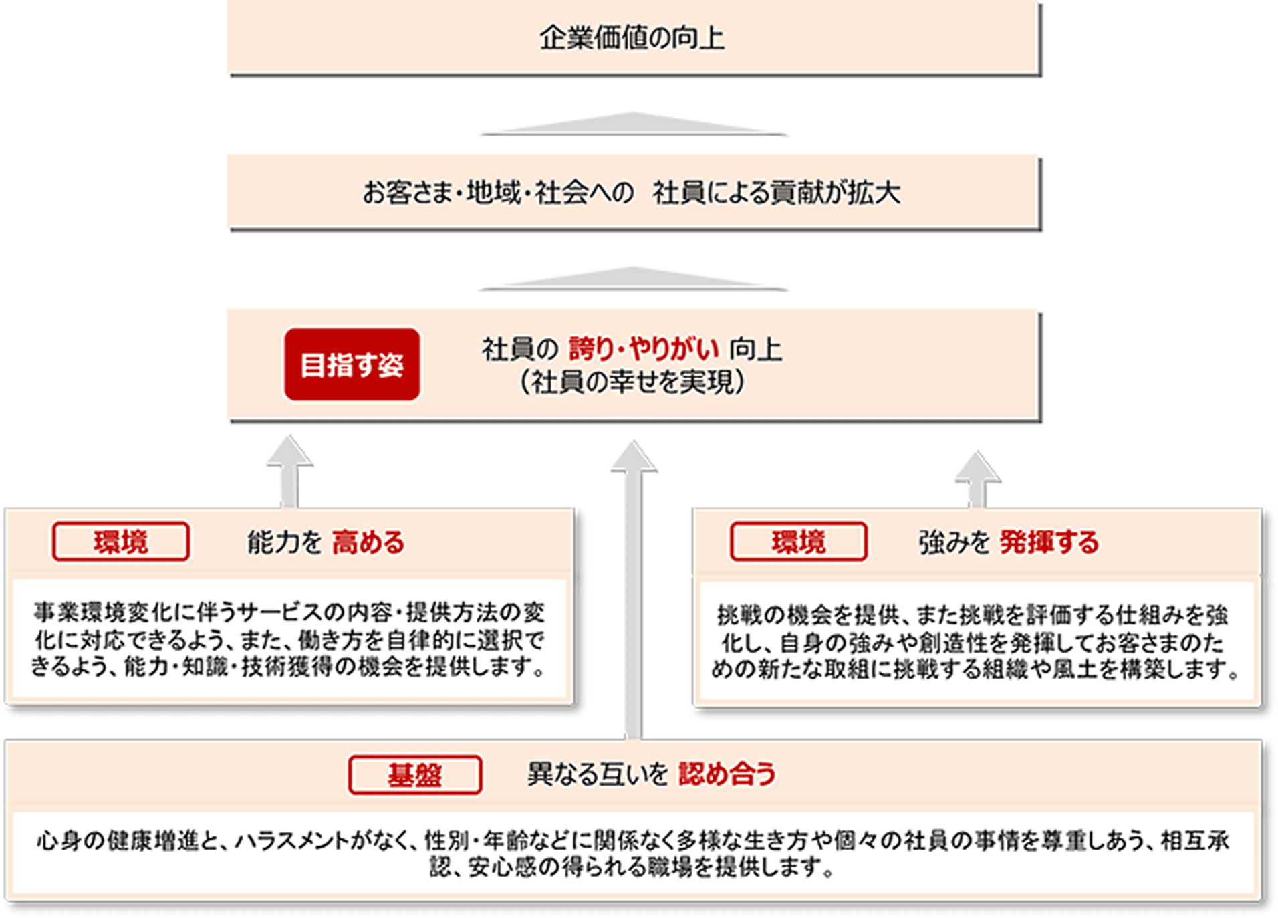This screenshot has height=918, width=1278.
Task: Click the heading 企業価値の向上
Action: (632, 38)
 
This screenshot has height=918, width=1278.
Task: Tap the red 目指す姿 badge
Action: (352, 364)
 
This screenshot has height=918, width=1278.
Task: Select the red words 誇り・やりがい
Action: (643, 348)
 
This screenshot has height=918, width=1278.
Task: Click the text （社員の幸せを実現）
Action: (632, 382)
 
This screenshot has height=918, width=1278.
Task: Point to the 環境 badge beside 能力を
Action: (121, 542)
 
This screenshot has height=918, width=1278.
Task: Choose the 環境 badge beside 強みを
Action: (799, 542)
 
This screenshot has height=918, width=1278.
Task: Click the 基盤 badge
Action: (414, 775)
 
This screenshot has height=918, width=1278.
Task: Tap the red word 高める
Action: (368, 542)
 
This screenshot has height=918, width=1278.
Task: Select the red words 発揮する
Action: (1049, 542)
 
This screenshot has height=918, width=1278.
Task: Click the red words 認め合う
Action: (727, 774)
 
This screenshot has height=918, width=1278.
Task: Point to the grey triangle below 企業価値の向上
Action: (633, 124)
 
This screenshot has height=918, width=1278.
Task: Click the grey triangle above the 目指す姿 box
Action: (633, 279)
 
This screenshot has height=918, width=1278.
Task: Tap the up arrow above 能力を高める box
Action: (289, 468)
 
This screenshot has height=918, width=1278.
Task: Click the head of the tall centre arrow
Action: (634, 458)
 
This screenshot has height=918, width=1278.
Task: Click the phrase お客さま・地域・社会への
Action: (497, 193)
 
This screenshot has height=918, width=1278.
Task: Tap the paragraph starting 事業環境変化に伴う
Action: (289, 639)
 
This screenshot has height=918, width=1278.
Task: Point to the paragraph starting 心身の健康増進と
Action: (632, 853)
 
